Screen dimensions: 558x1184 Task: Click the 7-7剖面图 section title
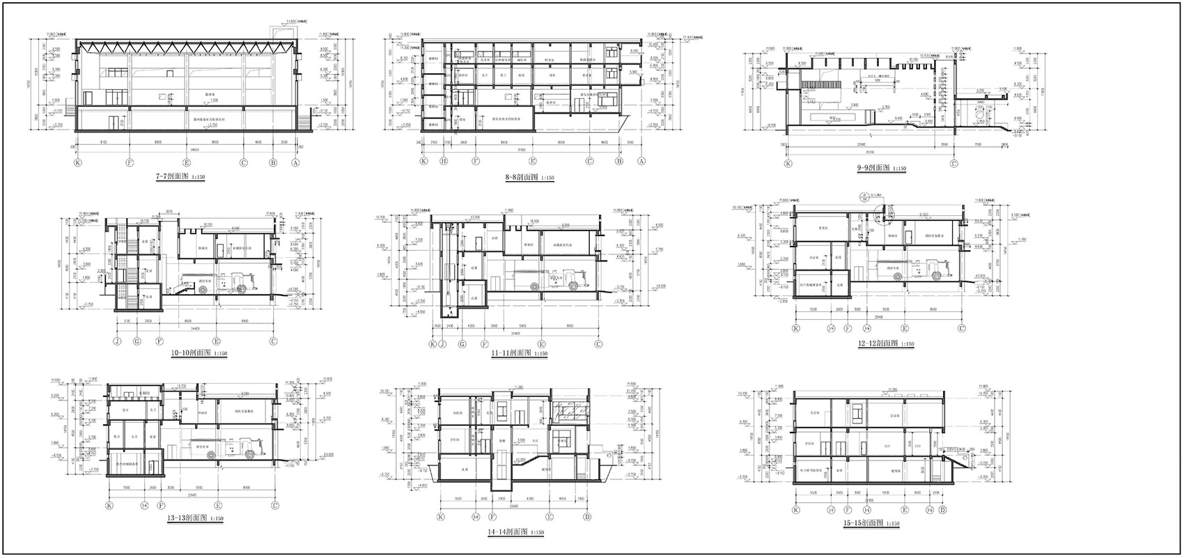click(180, 178)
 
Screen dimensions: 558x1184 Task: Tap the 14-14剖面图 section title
click(515, 532)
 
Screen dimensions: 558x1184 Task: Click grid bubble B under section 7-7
click(274, 162)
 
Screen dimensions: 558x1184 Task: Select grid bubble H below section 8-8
click(444, 162)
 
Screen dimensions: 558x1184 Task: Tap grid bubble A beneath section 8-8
click(640, 162)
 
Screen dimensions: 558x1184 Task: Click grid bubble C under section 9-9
click(954, 164)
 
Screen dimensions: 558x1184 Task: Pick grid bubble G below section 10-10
click(137, 341)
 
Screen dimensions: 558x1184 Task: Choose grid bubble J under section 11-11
click(442, 344)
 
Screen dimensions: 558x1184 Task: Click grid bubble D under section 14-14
click(588, 517)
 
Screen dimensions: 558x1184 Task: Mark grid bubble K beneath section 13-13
click(109, 506)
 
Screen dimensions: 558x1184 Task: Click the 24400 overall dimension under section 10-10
click(187, 327)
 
